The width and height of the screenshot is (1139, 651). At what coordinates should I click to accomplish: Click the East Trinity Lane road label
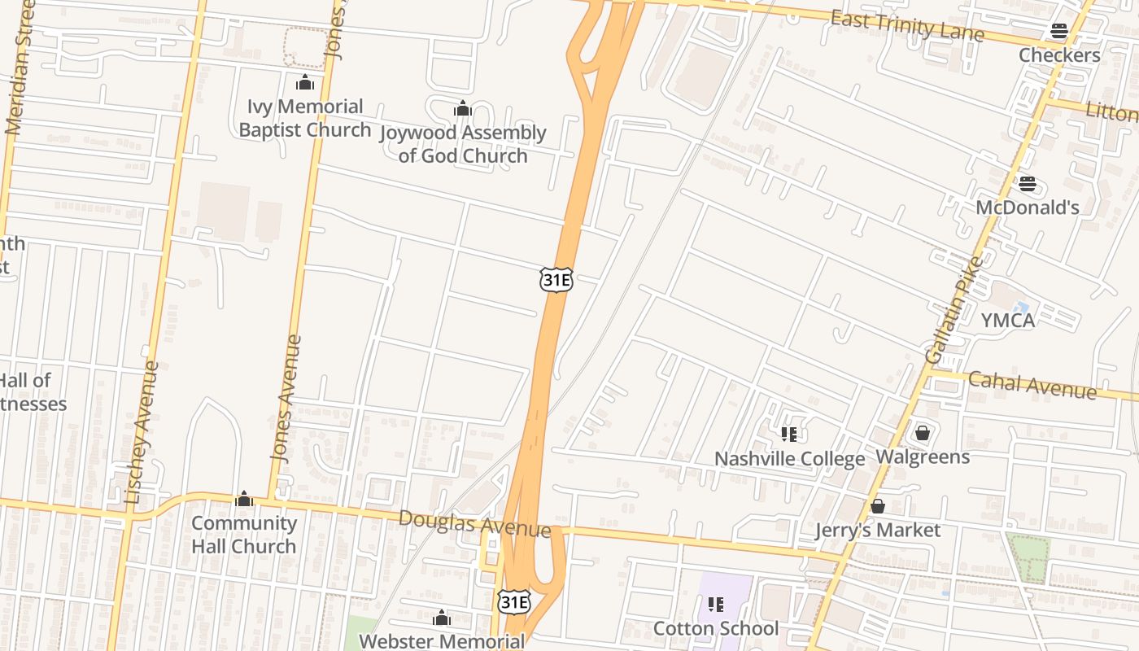click(x=906, y=26)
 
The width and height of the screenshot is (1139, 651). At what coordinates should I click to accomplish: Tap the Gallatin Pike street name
click(x=954, y=309)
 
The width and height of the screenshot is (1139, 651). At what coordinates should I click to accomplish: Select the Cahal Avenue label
click(x=1032, y=384)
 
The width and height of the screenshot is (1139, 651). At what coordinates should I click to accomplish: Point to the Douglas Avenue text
click(x=474, y=523)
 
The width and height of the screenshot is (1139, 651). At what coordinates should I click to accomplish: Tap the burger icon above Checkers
click(x=1058, y=32)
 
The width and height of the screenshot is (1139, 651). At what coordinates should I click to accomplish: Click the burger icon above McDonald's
click(x=1028, y=184)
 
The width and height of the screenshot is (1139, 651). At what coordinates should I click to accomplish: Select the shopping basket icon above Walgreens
click(x=922, y=433)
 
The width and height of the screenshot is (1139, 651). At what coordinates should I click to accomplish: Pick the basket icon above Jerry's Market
click(x=877, y=506)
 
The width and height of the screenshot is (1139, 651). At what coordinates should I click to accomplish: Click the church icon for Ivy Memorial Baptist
click(x=305, y=82)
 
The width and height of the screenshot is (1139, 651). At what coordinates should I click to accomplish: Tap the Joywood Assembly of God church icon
click(x=462, y=108)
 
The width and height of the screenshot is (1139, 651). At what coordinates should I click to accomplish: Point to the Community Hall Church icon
click(x=243, y=499)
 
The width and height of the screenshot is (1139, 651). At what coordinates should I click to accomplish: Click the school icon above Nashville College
click(x=788, y=435)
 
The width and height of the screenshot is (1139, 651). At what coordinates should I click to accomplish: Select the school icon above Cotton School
click(x=716, y=604)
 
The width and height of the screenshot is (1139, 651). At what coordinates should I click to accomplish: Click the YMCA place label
click(x=1007, y=321)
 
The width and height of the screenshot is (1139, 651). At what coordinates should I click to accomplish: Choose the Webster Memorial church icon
click(x=442, y=618)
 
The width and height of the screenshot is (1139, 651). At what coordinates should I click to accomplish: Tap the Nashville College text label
click(x=789, y=459)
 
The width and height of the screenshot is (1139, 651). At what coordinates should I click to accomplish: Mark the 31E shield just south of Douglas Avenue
click(x=514, y=602)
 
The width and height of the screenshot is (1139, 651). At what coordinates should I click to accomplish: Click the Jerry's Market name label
click(x=878, y=531)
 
